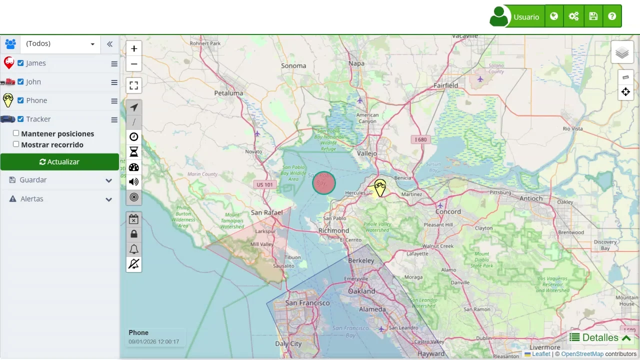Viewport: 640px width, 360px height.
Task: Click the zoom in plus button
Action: click(134, 48)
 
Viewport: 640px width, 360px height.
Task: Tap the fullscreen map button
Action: click(134, 85)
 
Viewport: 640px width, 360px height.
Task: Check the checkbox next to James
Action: click(20, 63)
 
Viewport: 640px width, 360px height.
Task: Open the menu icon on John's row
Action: click(114, 82)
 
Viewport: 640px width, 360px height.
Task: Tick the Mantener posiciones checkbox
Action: click(16, 133)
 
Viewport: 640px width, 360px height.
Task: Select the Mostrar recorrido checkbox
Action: click(16, 144)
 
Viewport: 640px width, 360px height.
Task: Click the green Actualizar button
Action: click(59, 162)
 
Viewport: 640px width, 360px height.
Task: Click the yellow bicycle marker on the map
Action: click(380, 187)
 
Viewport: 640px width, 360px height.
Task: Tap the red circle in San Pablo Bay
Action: click(324, 183)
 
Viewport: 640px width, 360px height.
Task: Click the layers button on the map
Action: click(622, 52)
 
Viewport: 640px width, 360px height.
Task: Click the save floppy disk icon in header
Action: click(593, 16)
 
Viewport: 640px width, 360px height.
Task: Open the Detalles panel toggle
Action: click(600, 338)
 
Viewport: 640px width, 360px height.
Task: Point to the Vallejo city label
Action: click(367, 153)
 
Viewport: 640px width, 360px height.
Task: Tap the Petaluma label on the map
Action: click(228, 93)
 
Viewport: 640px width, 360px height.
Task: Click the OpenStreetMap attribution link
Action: click(582, 354)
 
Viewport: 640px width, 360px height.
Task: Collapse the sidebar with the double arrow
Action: click(109, 44)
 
